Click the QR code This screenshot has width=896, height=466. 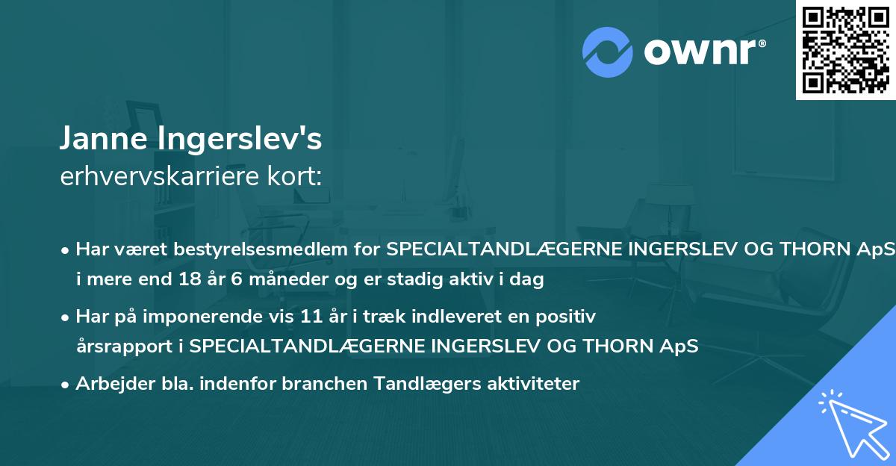click(845, 49)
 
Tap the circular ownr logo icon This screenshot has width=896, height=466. click(608, 52)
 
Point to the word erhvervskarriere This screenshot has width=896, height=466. click(158, 176)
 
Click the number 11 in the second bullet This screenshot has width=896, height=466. click(312, 316)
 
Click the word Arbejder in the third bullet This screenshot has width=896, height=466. click(107, 384)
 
